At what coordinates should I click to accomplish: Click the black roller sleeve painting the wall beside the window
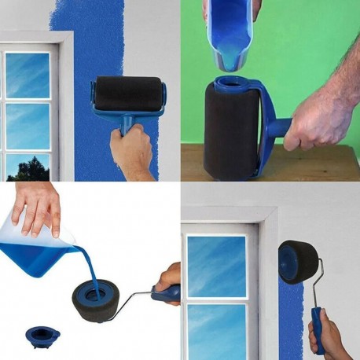129,93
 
